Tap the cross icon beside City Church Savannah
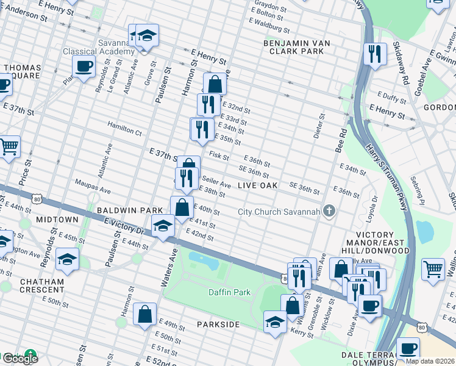click(329, 212)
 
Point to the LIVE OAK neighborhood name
click(257, 185)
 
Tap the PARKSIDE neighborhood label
click(218, 325)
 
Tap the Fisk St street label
click(218, 156)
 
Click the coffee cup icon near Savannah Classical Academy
click(84, 66)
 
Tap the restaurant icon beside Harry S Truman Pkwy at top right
click(375, 54)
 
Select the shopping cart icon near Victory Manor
click(433, 268)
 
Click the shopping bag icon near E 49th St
click(145, 315)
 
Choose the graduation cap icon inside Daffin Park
click(275, 321)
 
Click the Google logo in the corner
click(20, 358)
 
